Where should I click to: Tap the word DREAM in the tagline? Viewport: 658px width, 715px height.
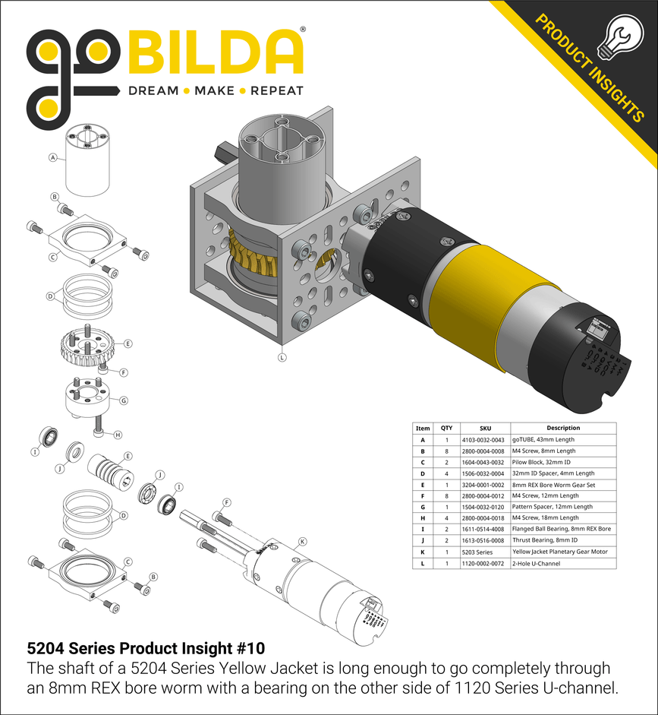pyautogui.click(x=153, y=90)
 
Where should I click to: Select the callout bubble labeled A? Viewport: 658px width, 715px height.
pyautogui.click(x=53, y=158)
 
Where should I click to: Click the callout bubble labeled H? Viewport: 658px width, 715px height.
pyautogui.click(x=118, y=435)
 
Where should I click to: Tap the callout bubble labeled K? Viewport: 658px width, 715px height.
pyautogui.click(x=302, y=541)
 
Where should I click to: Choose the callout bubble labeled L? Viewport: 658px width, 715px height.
pyautogui.click(x=282, y=356)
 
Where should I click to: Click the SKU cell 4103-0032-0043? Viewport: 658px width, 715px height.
pyautogui.click(x=482, y=440)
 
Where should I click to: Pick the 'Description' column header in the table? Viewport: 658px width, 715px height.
pyautogui.click(x=562, y=429)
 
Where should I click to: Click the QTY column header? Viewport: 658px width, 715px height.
pyautogui.click(x=447, y=429)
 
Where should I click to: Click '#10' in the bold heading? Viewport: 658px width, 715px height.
pyautogui.click(x=250, y=649)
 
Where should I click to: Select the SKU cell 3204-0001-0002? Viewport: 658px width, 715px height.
pyautogui.click(x=482, y=485)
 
